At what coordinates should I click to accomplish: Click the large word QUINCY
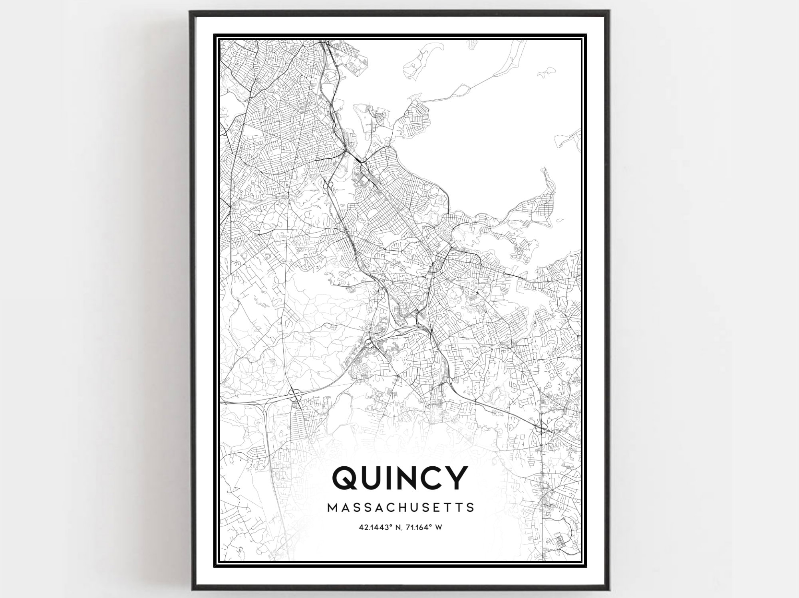click(400, 478)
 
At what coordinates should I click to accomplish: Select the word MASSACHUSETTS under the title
click(401, 507)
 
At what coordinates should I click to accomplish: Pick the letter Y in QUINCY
click(456, 478)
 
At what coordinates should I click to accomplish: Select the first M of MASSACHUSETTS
click(332, 507)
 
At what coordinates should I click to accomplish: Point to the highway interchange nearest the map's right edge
click(543, 430)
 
